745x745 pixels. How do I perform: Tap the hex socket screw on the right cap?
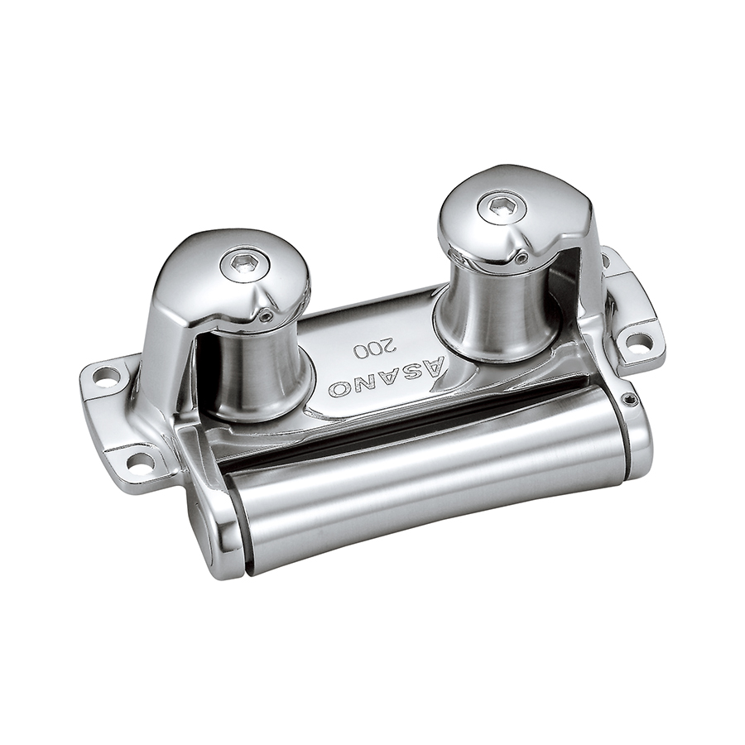(x=498, y=204)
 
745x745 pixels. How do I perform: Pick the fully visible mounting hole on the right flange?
(x=634, y=341)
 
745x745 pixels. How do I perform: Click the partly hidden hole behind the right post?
(x=606, y=260)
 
